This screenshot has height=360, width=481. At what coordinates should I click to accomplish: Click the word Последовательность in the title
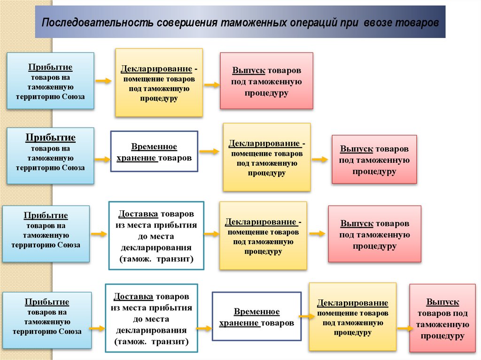(96, 23)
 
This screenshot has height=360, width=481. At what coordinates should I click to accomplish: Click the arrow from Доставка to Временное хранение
(204, 328)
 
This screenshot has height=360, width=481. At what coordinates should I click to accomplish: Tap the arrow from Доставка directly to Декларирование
(212, 233)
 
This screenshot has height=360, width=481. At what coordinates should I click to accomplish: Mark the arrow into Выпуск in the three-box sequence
(212, 85)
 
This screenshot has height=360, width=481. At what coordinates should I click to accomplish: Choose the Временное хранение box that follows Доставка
(256, 317)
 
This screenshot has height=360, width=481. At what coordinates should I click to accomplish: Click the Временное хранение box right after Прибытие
(154, 152)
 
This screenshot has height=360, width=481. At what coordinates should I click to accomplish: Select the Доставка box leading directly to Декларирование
(156, 236)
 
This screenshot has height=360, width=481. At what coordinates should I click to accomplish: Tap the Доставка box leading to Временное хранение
(151, 317)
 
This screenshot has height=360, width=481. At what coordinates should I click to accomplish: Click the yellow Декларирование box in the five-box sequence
(352, 317)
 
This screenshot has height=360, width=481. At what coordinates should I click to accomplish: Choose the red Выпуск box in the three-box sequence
(266, 81)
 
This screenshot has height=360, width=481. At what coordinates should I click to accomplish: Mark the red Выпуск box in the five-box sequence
(442, 318)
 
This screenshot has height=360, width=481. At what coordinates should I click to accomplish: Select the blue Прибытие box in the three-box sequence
(50, 81)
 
